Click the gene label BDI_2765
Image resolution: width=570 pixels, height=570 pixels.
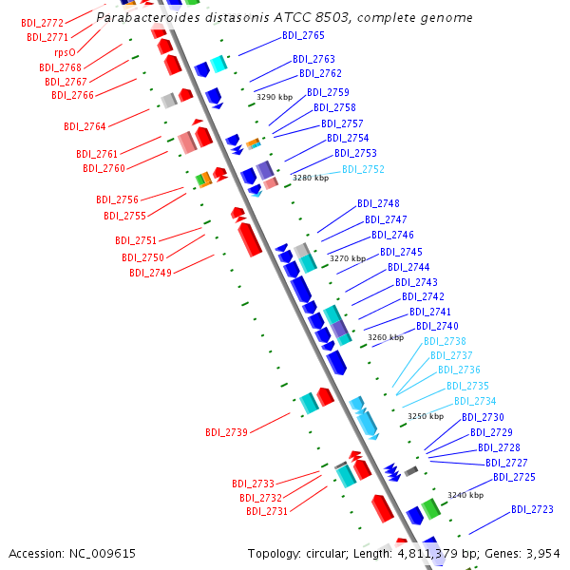pyautogui.click(x=303, y=35)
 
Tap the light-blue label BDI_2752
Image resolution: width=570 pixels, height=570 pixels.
pyautogui.click(x=363, y=169)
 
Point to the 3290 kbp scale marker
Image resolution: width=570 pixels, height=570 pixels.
pyautogui.click(x=275, y=97)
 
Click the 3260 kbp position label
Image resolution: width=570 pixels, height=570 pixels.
pyautogui.click(x=386, y=337)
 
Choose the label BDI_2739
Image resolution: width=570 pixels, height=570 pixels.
pyautogui.click(x=226, y=432)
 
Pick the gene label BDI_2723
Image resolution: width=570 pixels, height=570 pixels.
pyautogui.click(x=532, y=509)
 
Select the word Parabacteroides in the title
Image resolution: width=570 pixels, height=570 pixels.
pyautogui.click(x=145, y=17)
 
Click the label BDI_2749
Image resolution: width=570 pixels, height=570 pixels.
pyautogui.click(x=150, y=273)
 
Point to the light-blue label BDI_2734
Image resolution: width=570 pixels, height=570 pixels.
pyautogui.click(x=475, y=401)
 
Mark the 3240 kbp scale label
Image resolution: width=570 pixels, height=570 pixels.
pyautogui.click(x=465, y=495)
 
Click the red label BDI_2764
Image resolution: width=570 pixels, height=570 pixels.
pyautogui.click(x=85, y=125)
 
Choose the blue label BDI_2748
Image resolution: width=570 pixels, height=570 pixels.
pyautogui.click(x=378, y=203)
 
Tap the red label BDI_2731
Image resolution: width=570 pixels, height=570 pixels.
pyautogui.click(x=267, y=511)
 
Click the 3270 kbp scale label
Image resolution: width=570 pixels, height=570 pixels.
pyautogui.click(x=347, y=258)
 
